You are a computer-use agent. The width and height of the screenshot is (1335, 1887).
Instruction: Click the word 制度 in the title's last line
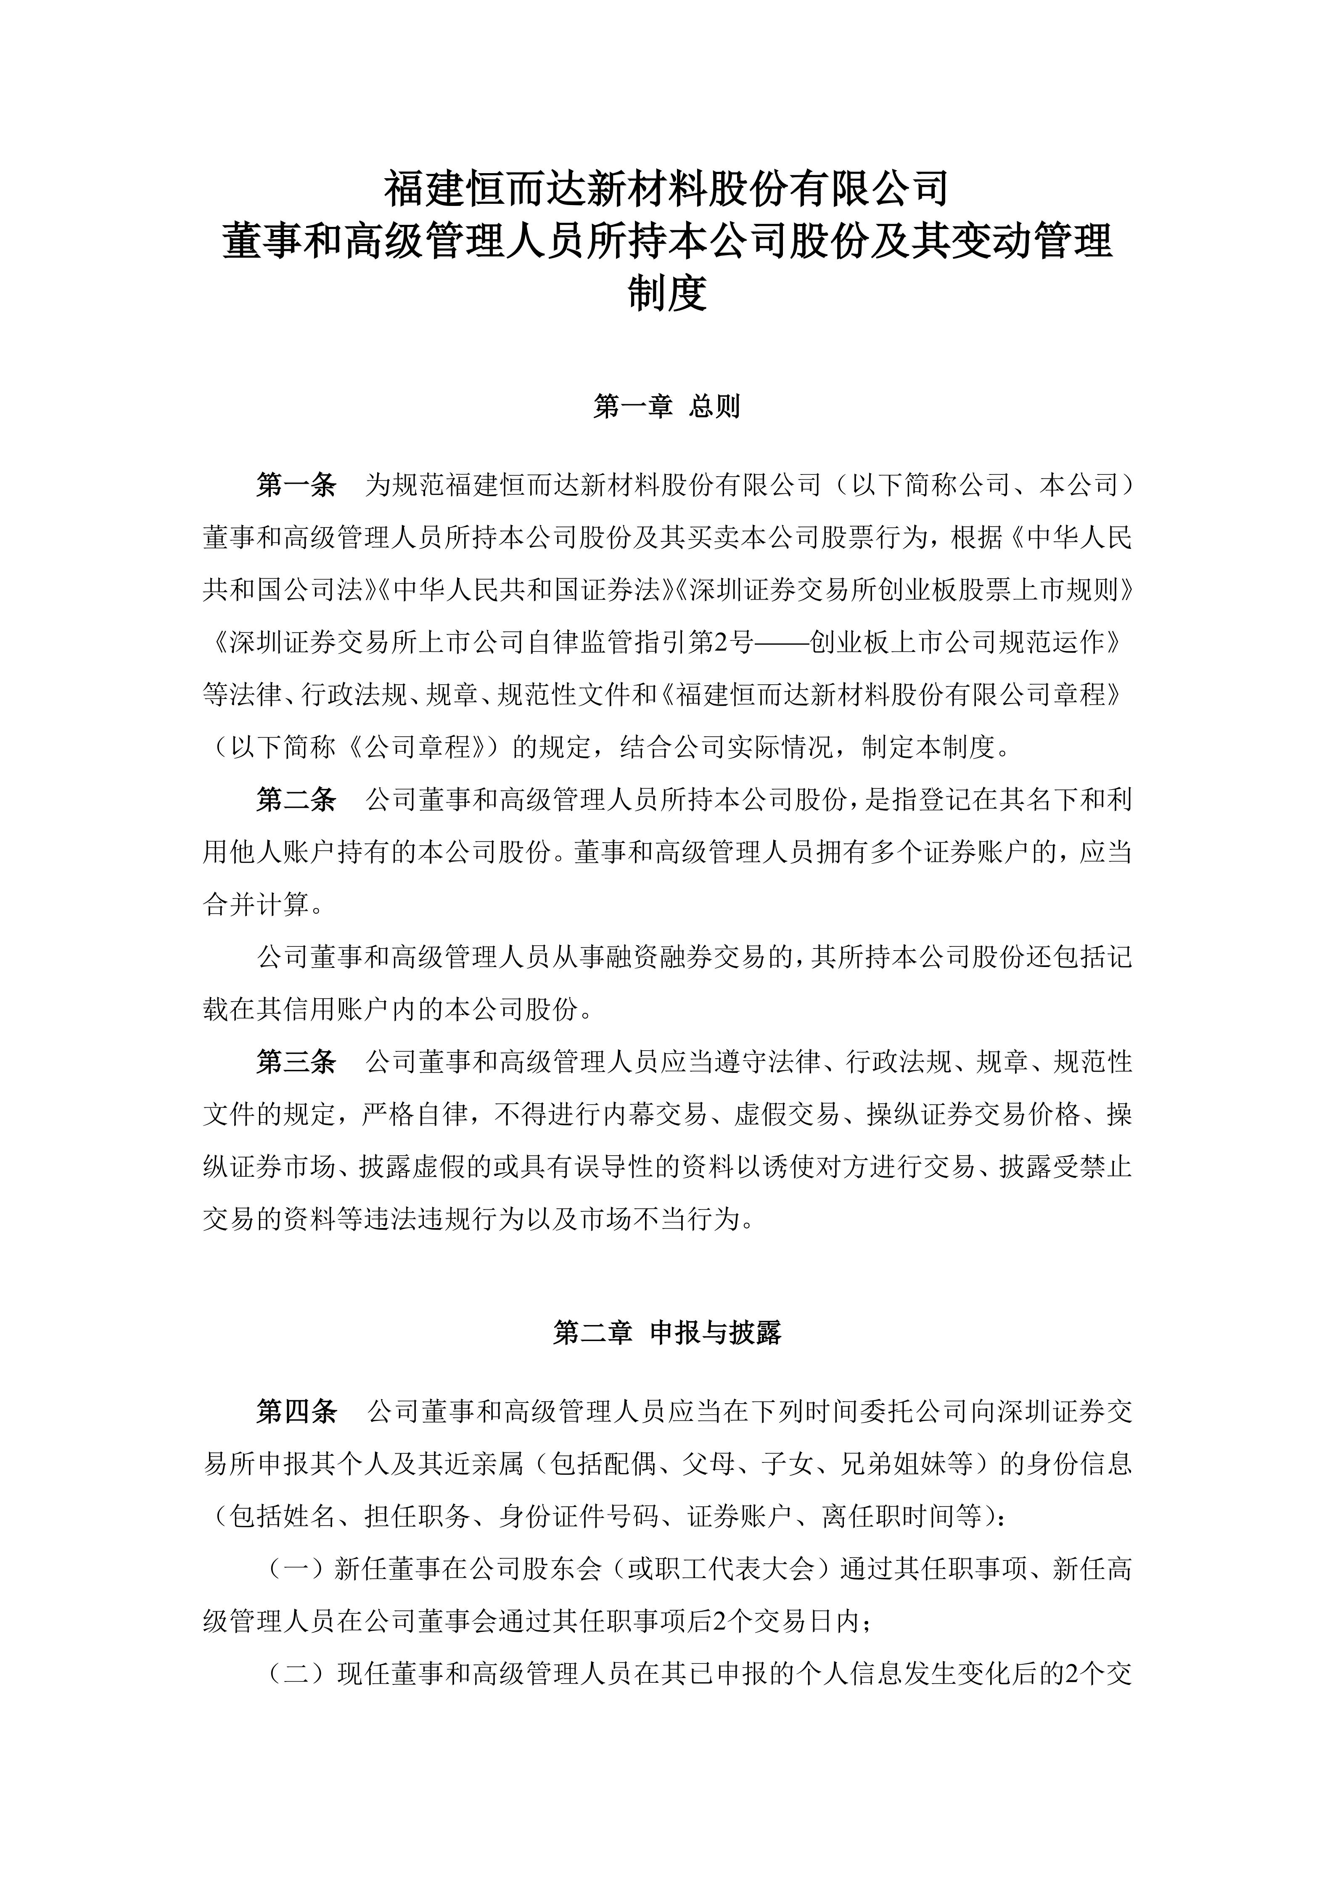(667, 294)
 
